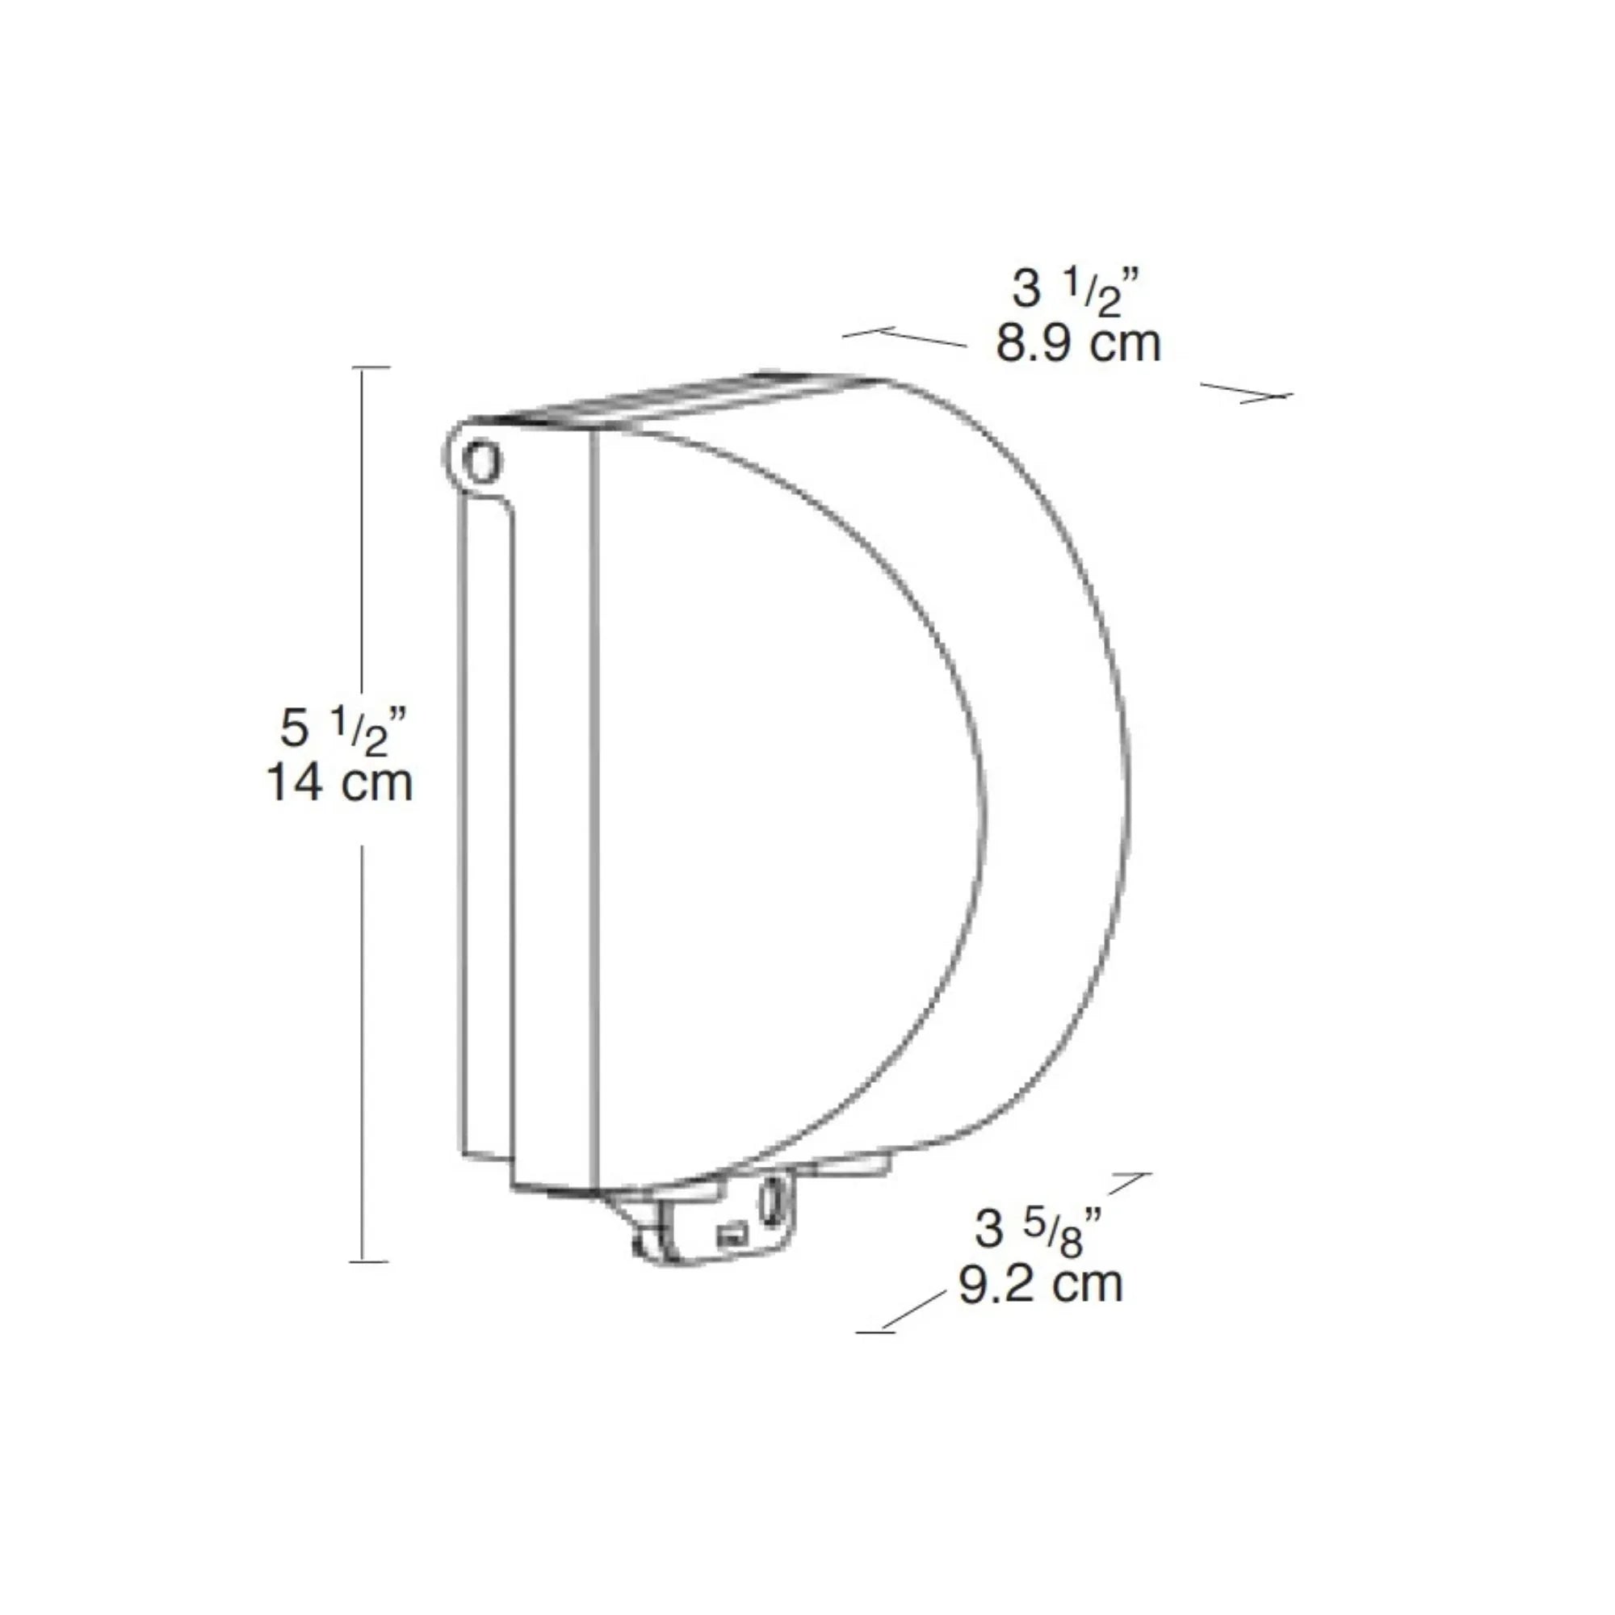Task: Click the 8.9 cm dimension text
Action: point(1078,342)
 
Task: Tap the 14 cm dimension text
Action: point(339,783)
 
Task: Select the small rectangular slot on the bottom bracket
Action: point(731,1235)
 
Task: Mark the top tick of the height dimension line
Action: point(371,367)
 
